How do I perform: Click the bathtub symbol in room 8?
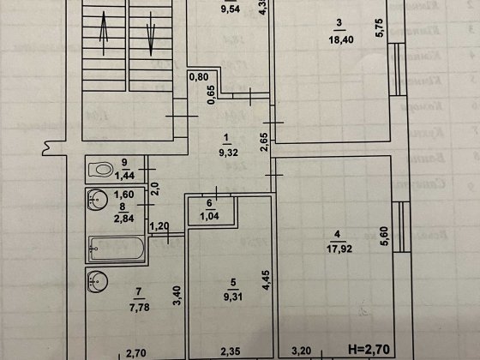116,250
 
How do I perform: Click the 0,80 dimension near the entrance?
199,77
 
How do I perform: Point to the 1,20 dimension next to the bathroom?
160,226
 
